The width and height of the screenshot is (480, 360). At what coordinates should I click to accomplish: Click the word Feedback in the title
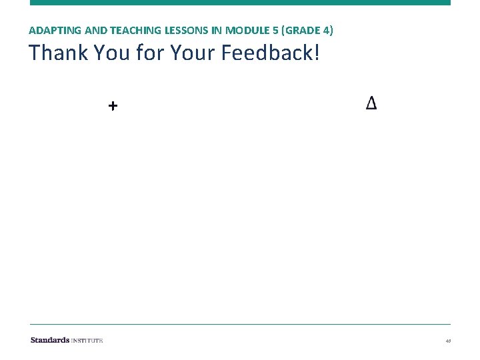tap(268, 53)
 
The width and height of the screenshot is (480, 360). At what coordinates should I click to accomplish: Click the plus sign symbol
tap(113, 105)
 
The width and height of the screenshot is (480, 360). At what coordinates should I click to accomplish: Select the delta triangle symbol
tap(371, 103)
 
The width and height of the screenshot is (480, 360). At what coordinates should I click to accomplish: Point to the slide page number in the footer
tap(448, 341)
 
